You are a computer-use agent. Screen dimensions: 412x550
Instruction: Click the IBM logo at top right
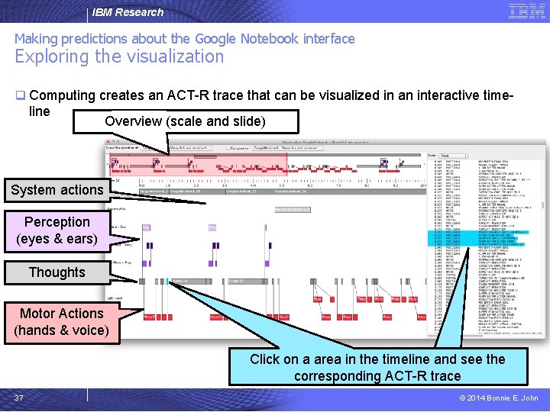point(526,11)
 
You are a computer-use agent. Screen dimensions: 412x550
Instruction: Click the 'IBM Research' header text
point(128,12)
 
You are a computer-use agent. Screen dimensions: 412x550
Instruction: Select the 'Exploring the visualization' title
point(119,56)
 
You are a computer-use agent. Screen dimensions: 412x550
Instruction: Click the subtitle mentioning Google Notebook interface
point(185,38)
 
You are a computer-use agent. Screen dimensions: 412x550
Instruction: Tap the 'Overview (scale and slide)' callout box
point(185,121)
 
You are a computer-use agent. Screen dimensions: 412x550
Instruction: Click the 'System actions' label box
point(57,190)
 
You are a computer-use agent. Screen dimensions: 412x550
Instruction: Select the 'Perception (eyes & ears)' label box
point(57,230)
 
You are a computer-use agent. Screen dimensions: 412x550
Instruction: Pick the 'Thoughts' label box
point(57,272)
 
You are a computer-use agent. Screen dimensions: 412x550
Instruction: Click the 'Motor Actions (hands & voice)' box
point(61,322)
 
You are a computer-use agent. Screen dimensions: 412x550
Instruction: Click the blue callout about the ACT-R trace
point(377,367)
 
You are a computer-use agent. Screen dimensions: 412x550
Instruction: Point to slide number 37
point(19,398)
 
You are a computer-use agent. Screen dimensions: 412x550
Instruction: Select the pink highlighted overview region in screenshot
point(199,166)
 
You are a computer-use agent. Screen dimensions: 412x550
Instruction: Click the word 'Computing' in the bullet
point(62,96)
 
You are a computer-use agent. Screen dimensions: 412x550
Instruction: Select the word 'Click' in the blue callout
point(266,359)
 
